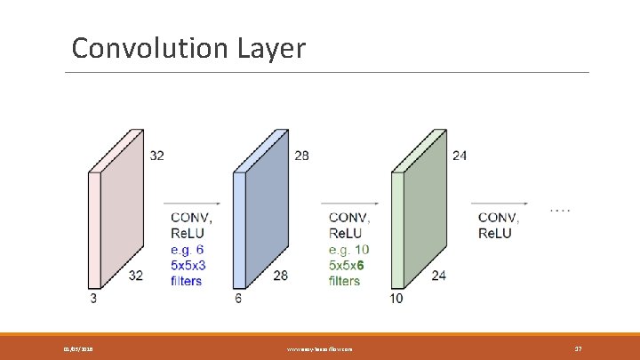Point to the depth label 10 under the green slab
pos(396,298)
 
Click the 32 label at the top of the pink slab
pos(156,156)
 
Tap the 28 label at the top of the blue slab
pos(302,156)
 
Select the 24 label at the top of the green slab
pos(459,156)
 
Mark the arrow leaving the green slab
pos(494,201)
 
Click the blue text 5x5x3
pos(189,265)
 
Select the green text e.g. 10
pos(348,249)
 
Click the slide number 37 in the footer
pos(578,349)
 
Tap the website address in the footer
pos(320,349)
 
